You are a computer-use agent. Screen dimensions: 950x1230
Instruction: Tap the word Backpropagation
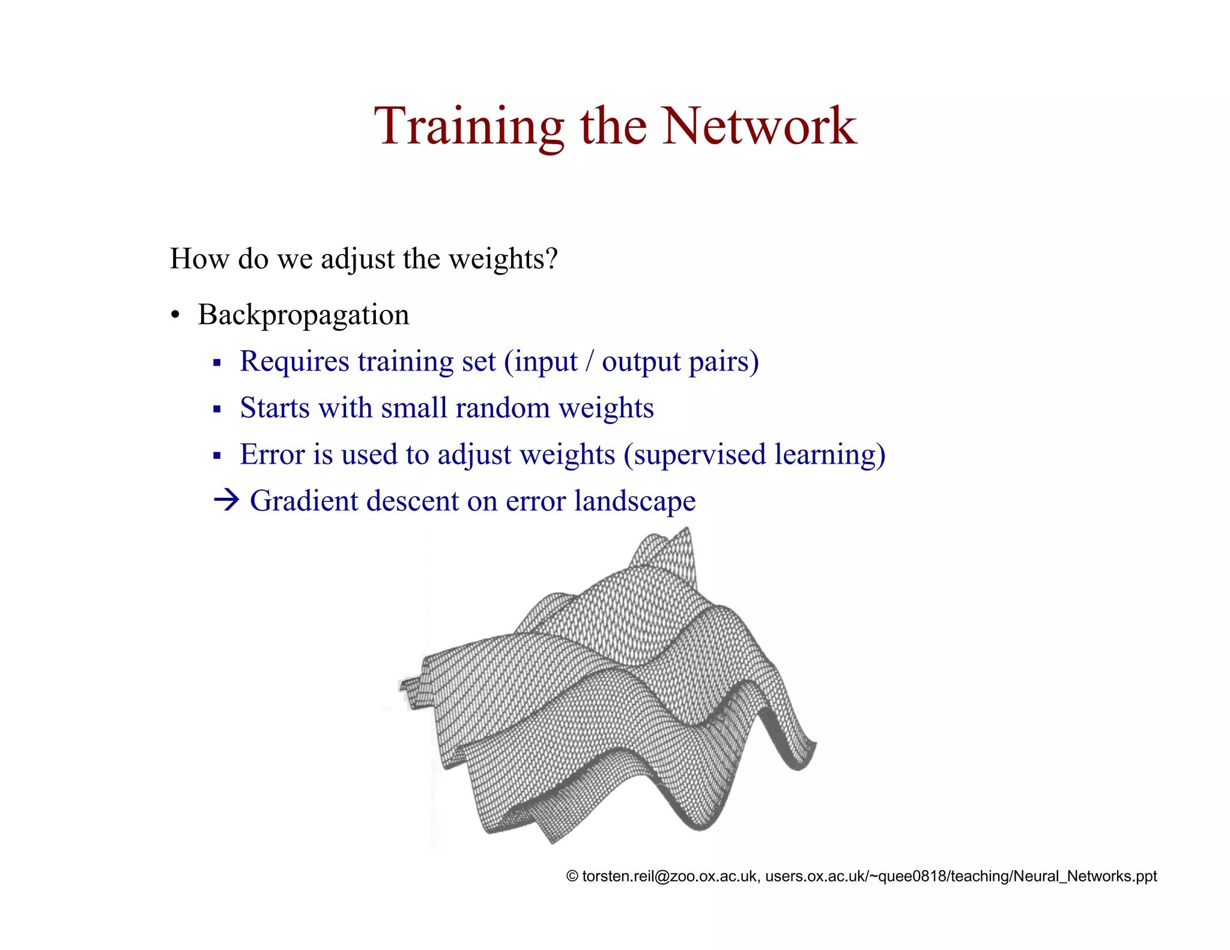click(303, 315)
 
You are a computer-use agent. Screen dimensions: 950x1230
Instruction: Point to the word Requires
click(294, 362)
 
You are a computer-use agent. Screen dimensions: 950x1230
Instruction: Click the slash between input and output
click(590, 362)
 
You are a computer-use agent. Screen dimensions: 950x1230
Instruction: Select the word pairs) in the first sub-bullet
click(724, 362)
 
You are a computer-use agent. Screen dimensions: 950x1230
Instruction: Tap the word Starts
click(275, 408)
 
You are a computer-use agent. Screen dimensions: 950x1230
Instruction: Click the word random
click(503, 408)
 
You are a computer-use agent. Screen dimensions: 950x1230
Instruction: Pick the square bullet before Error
click(217, 456)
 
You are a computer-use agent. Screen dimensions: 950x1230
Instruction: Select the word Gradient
click(303, 501)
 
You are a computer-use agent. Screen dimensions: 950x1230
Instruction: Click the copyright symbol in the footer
click(572, 876)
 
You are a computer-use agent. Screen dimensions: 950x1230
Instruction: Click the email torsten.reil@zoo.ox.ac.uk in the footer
click(670, 876)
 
